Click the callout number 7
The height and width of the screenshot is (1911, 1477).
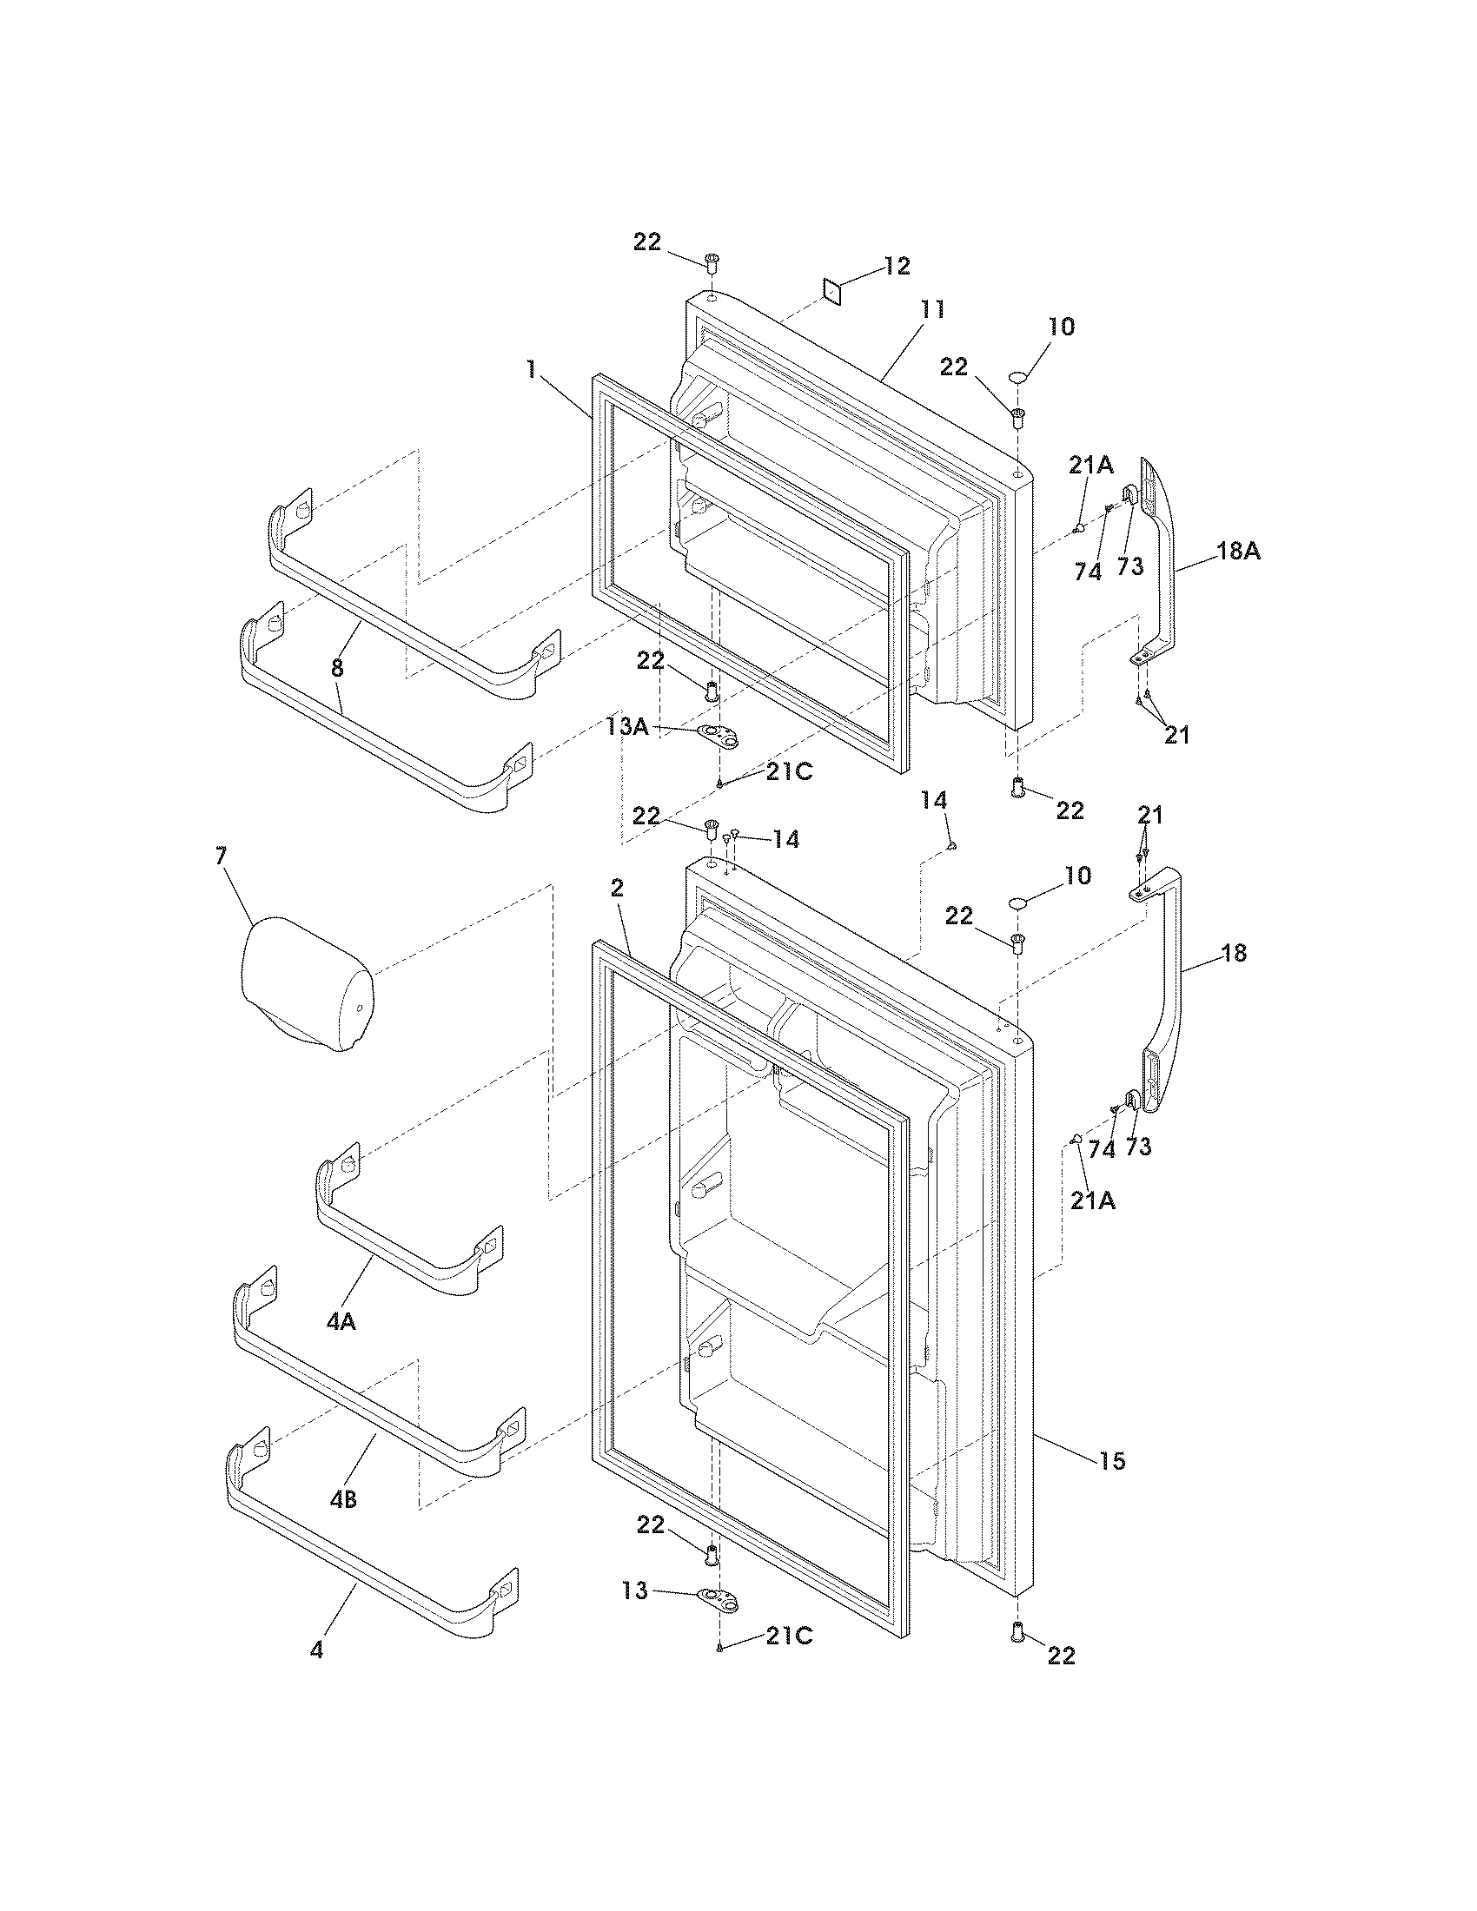click(221, 856)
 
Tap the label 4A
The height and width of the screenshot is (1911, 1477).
click(341, 1322)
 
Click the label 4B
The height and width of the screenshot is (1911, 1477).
click(343, 1500)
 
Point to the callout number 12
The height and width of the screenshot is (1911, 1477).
click(897, 266)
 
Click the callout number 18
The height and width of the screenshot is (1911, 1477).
click(1234, 953)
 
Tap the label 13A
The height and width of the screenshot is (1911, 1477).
click(627, 726)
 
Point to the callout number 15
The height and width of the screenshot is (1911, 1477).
click(1112, 1460)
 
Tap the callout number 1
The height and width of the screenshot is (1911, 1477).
click(530, 369)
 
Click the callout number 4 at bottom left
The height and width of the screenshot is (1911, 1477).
click(316, 1650)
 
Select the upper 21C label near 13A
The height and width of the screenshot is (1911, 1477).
click(789, 771)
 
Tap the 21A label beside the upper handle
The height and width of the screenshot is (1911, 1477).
click(1090, 466)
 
